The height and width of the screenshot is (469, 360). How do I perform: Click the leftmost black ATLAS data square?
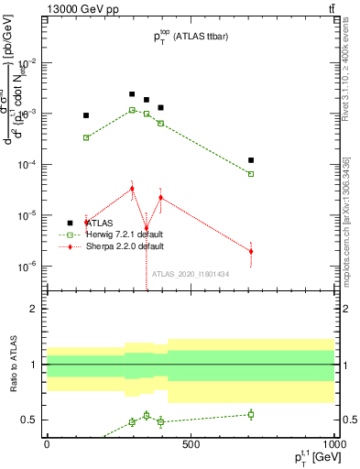[x=86, y=115]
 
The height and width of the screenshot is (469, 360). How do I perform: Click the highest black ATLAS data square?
[x=132, y=94]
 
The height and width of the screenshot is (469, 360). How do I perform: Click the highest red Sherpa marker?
[x=132, y=189]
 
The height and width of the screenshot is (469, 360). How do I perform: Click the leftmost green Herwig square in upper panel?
[x=86, y=137]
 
